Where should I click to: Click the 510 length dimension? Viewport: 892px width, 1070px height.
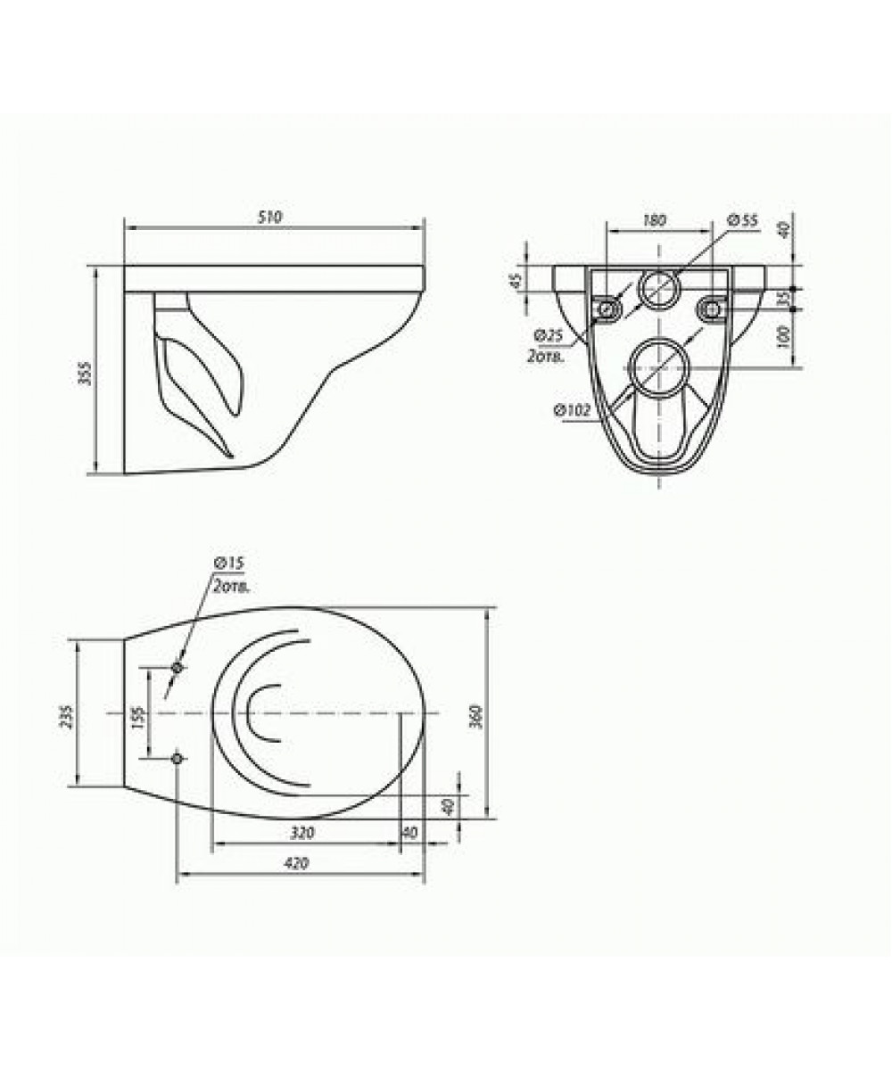pos(269,218)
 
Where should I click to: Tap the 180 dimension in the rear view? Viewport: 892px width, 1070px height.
pos(654,220)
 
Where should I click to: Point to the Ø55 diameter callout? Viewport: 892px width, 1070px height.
pos(742,220)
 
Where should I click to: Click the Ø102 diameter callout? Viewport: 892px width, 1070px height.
pos(572,410)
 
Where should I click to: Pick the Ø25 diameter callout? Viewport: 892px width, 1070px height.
pos(549,336)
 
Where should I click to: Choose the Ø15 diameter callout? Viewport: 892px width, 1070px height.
pos(228,563)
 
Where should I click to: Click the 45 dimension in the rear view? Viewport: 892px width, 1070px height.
pos(516,280)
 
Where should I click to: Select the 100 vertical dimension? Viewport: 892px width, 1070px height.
pos(783,337)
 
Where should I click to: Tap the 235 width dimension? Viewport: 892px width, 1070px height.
pos(68,717)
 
